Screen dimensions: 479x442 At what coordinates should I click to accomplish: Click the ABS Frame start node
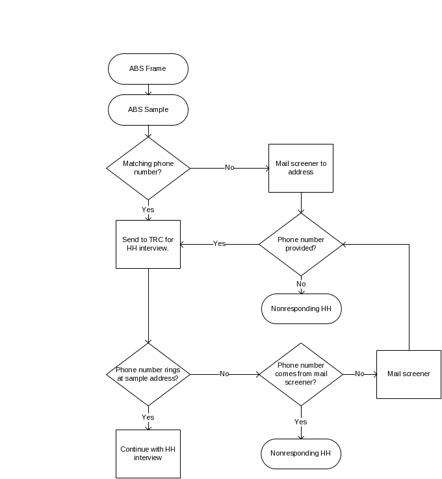pyautogui.click(x=148, y=69)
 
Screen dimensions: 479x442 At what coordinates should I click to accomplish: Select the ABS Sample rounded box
pyautogui.click(x=148, y=110)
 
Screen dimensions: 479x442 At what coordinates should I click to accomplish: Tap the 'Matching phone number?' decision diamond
pyautogui.click(x=148, y=168)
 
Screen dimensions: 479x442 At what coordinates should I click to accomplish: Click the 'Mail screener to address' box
pyautogui.click(x=301, y=168)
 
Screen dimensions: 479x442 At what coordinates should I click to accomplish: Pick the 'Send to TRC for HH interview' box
pyautogui.click(x=148, y=244)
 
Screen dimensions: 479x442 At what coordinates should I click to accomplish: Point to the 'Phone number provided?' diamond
pyautogui.click(x=301, y=244)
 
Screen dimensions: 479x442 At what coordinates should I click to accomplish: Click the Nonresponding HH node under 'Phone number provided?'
pyautogui.click(x=301, y=309)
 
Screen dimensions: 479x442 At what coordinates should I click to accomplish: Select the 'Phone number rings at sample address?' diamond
pyautogui.click(x=148, y=374)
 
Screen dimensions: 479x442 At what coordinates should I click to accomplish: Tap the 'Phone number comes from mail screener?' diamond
pyautogui.click(x=301, y=374)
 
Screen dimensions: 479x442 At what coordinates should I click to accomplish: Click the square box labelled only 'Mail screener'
pyautogui.click(x=409, y=374)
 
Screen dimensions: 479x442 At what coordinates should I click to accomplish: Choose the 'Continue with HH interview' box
pyautogui.click(x=148, y=454)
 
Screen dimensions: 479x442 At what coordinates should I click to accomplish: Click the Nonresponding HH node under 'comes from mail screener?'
pyautogui.click(x=301, y=454)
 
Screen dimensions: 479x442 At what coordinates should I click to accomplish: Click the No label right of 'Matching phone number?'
pyautogui.click(x=229, y=168)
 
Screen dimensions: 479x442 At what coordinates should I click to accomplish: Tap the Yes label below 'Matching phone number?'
pyautogui.click(x=148, y=210)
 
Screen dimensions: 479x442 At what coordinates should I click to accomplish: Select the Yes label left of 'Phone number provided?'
pyautogui.click(x=220, y=244)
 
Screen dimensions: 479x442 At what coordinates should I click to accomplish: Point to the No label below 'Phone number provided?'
pyautogui.click(x=301, y=284)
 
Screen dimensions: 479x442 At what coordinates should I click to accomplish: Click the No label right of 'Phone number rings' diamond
pyautogui.click(x=224, y=374)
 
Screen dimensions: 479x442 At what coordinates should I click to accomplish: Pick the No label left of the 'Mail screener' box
pyautogui.click(x=359, y=374)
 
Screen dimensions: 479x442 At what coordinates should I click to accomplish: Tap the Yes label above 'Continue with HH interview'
pyautogui.click(x=148, y=417)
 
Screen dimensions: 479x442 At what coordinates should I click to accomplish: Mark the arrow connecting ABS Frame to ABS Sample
pyautogui.click(x=148, y=90)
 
